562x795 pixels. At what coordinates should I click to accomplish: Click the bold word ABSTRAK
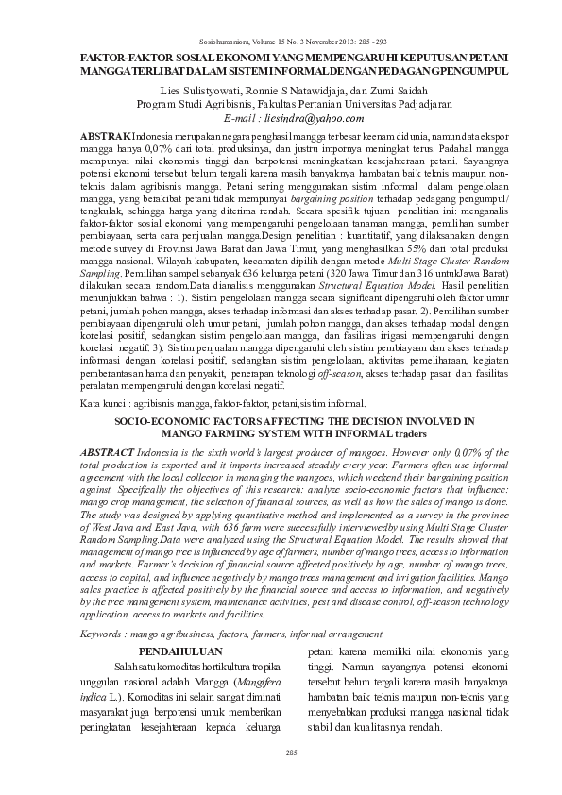pyautogui.click(x=107, y=138)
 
